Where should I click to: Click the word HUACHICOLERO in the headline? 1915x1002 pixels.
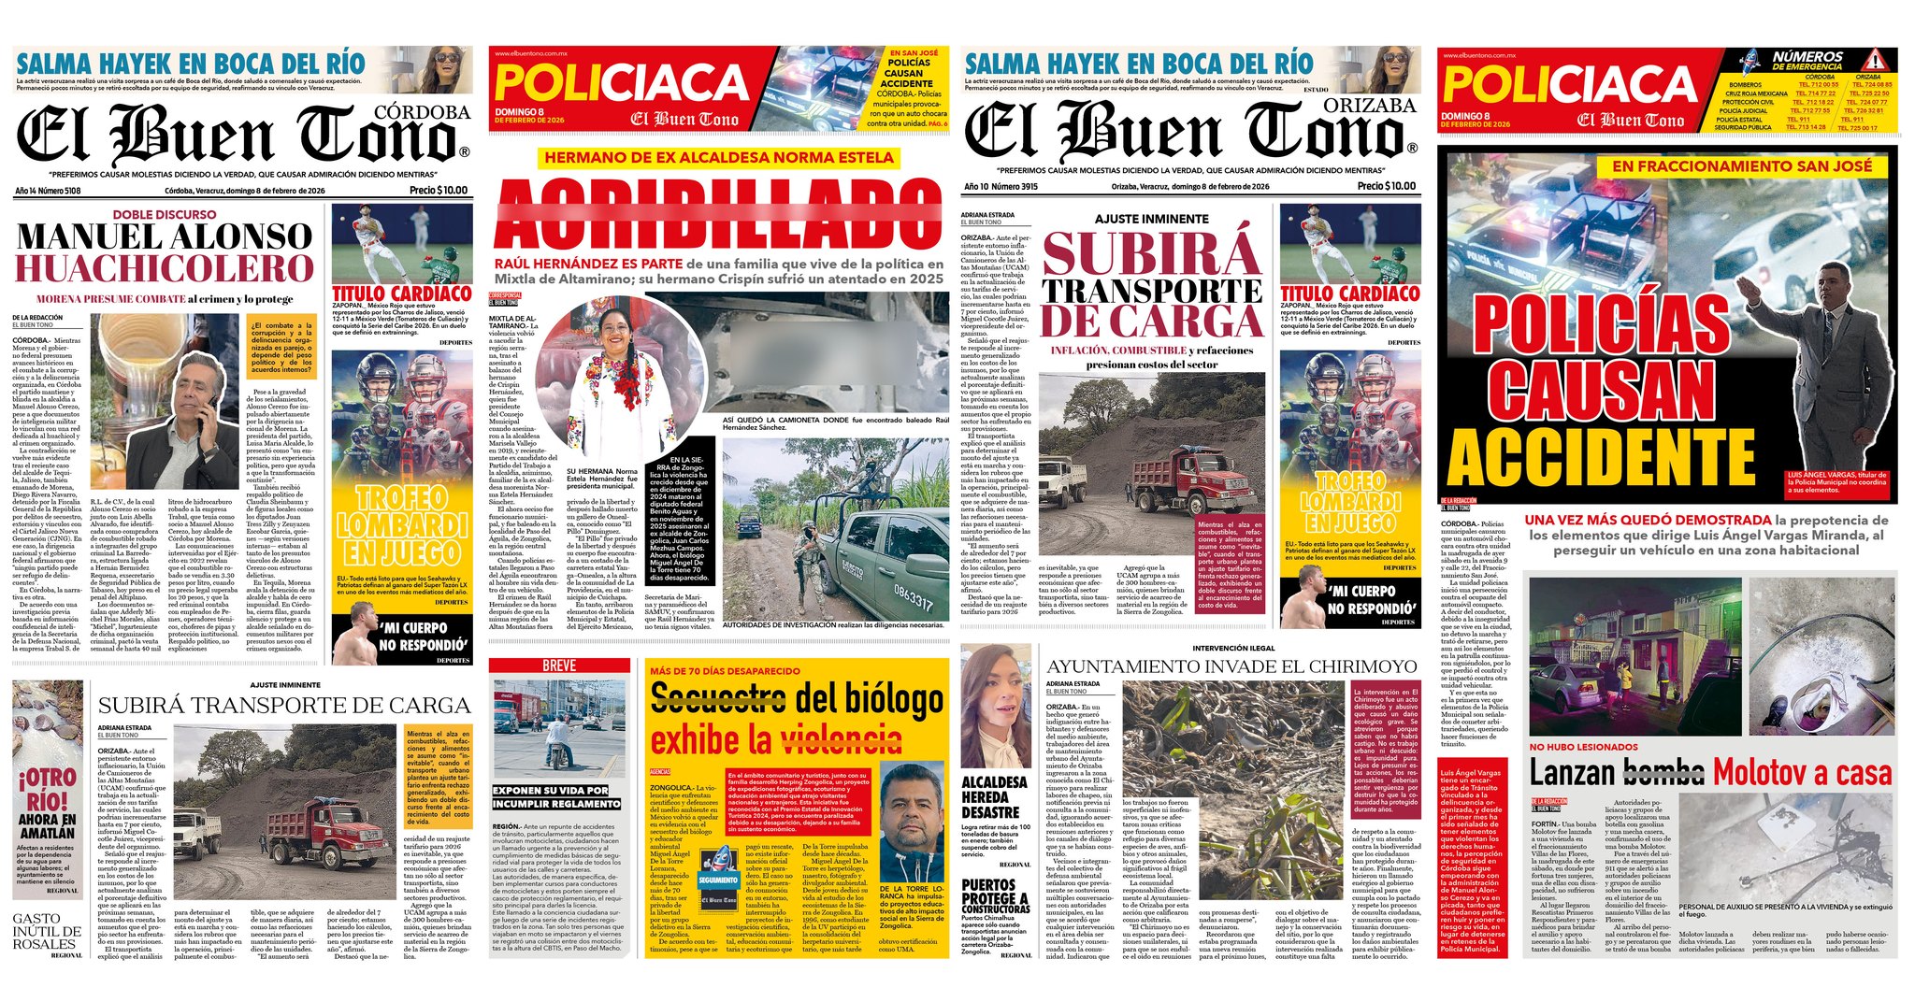click(x=164, y=269)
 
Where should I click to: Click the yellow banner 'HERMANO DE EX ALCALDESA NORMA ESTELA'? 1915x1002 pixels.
click(x=719, y=158)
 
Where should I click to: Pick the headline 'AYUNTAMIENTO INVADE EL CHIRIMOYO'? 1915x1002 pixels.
click(x=1231, y=666)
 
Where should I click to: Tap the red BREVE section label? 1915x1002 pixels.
click(x=559, y=666)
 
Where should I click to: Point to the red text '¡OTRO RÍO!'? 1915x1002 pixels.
click(x=46, y=789)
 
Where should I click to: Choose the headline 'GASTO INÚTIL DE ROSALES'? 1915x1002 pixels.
click(x=47, y=931)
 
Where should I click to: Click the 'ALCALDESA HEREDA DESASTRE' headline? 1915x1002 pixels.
click(x=995, y=796)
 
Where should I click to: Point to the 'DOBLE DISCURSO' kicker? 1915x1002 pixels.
click(x=164, y=214)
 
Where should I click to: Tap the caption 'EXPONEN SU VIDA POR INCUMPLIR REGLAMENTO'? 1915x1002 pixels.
click(x=556, y=797)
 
